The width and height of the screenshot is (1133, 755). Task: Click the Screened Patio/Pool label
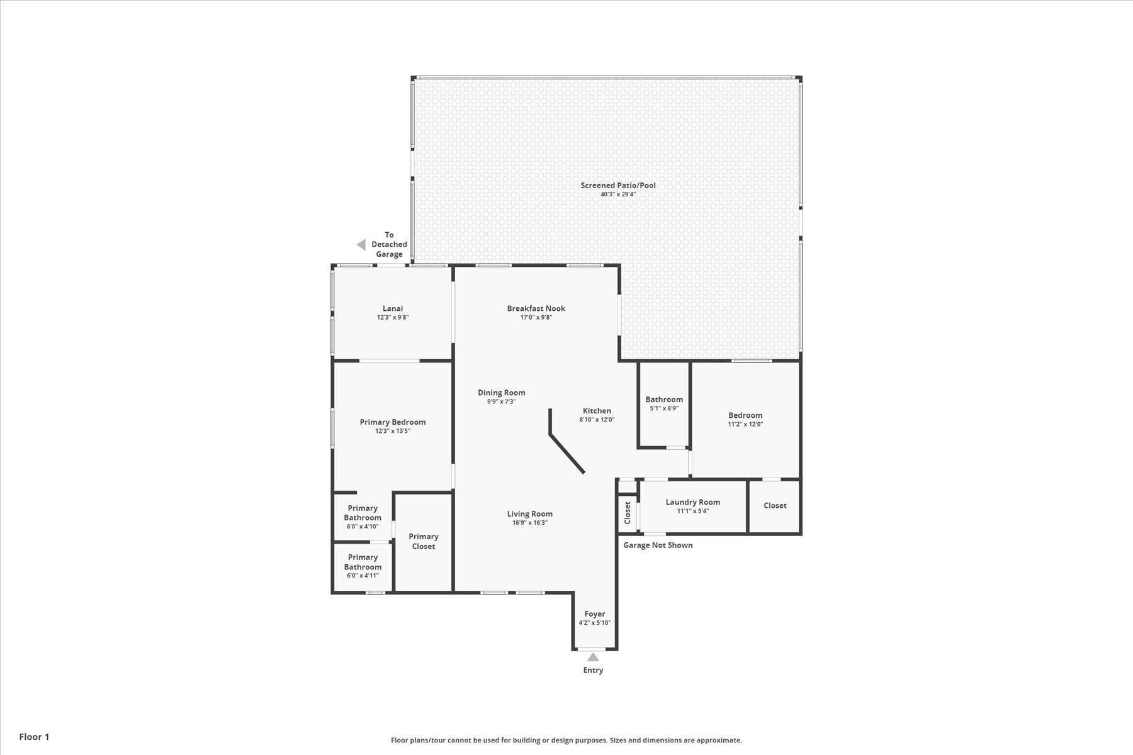617,186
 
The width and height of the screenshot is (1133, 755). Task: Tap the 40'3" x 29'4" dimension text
617,194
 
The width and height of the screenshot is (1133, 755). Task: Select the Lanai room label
393,308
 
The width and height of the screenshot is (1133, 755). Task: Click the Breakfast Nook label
536,308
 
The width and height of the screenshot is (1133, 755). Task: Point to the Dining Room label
501,393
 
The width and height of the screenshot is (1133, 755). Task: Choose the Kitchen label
597,411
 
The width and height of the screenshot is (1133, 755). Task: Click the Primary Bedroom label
392,422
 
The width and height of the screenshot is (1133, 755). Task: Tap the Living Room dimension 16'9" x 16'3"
529,523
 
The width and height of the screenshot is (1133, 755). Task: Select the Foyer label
594,614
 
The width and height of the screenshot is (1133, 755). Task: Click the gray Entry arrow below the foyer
593,657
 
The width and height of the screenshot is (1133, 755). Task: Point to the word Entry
593,670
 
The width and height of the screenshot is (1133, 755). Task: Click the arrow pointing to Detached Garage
361,245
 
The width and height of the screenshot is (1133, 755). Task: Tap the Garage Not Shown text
658,545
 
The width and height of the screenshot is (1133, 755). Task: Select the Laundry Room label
692,502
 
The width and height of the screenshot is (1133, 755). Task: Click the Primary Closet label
423,541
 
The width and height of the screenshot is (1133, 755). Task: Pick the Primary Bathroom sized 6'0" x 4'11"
363,562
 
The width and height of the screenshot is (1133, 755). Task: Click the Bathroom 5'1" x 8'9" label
663,400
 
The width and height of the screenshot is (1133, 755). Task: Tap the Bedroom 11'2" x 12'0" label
745,415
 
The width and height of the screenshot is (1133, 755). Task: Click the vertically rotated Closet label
628,513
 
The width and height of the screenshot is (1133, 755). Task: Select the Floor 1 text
34,737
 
